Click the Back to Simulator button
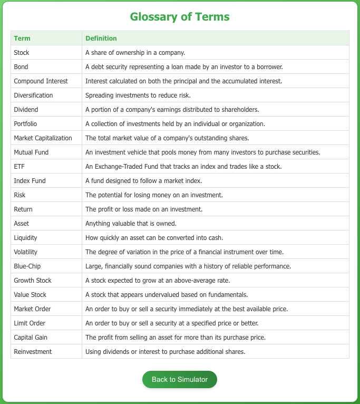coord(179,379)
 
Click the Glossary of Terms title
coord(180,16)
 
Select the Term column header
coord(22,39)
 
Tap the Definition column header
coord(101,39)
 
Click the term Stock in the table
coord(22,53)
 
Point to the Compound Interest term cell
coord(41,81)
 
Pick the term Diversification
coord(34,95)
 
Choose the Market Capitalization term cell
coord(43,138)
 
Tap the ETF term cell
coord(19,167)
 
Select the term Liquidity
coord(26,238)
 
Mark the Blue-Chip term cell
coord(27,266)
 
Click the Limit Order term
coord(30,323)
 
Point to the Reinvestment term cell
coord(33,352)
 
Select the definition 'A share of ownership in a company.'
coord(135,53)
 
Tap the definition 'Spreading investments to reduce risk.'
coord(138,95)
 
